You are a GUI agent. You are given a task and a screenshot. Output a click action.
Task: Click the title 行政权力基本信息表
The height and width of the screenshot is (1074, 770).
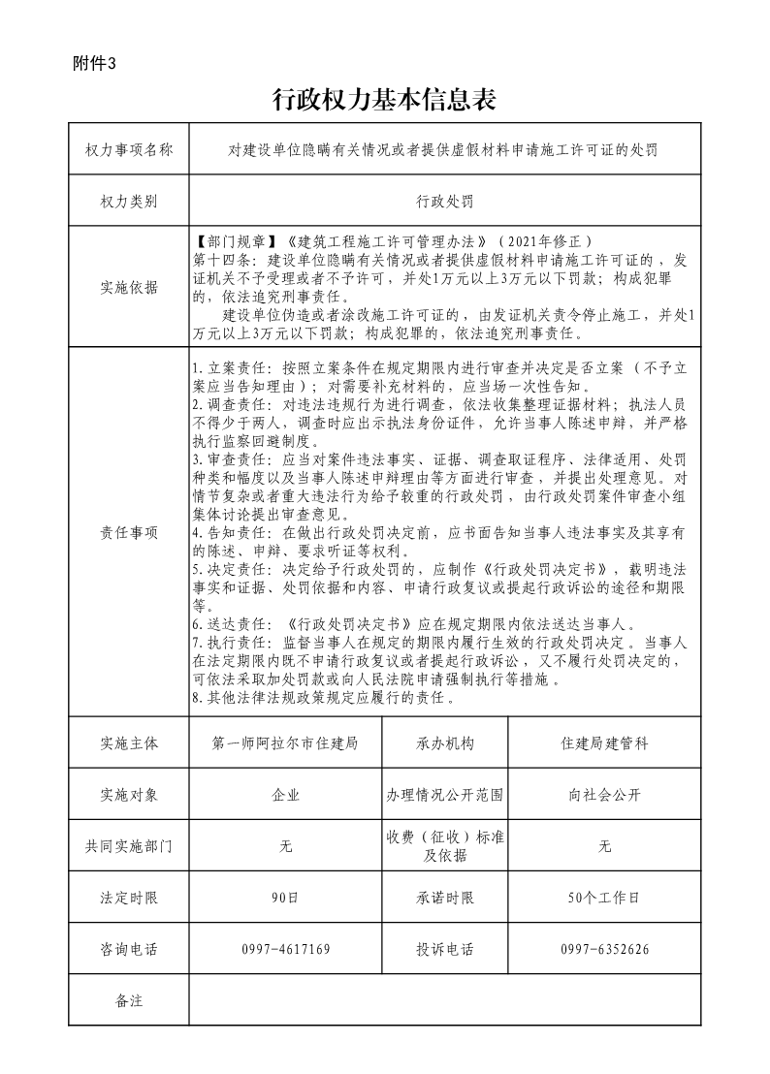[x=385, y=99]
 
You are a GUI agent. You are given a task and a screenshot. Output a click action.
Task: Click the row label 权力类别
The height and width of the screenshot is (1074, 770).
[x=129, y=202]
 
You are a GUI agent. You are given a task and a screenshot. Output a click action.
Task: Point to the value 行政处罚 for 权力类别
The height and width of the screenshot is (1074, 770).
[x=445, y=202]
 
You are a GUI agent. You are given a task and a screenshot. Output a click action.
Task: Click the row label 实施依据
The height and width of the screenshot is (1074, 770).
[x=129, y=288]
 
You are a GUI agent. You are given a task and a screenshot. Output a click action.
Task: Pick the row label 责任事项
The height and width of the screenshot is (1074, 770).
[x=129, y=532]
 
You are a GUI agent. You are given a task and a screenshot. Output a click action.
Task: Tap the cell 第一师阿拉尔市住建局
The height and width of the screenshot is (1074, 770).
[x=285, y=743]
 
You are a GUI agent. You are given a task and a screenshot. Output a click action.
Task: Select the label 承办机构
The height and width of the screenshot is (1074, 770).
[x=445, y=743]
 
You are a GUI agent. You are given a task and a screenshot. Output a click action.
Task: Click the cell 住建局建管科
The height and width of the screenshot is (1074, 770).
[x=604, y=743]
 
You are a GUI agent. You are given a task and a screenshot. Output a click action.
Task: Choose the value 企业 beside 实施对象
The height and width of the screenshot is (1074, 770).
[x=285, y=795]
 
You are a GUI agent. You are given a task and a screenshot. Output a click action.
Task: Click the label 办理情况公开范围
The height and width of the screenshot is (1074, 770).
[x=445, y=795]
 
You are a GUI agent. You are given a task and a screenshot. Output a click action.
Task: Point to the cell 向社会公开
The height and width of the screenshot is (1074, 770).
[x=604, y=795]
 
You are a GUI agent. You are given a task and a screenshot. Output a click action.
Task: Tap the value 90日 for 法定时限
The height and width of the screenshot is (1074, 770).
[x=285, y=898]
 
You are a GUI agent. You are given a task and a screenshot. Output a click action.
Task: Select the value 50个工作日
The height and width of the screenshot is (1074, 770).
[x=604, y=898]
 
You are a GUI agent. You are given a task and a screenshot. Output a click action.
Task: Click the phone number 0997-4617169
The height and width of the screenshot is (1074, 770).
[x=285, y=949]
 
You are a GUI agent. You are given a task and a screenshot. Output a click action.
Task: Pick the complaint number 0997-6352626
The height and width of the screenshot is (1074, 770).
[x=604, y=949]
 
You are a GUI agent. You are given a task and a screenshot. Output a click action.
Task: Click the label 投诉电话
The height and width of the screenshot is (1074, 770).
[x=445, y=949]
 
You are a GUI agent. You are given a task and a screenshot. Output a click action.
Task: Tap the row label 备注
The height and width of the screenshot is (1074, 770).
[x=129, y=1000]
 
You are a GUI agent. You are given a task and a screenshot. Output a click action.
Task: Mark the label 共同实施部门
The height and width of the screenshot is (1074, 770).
[x=129, y=846]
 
